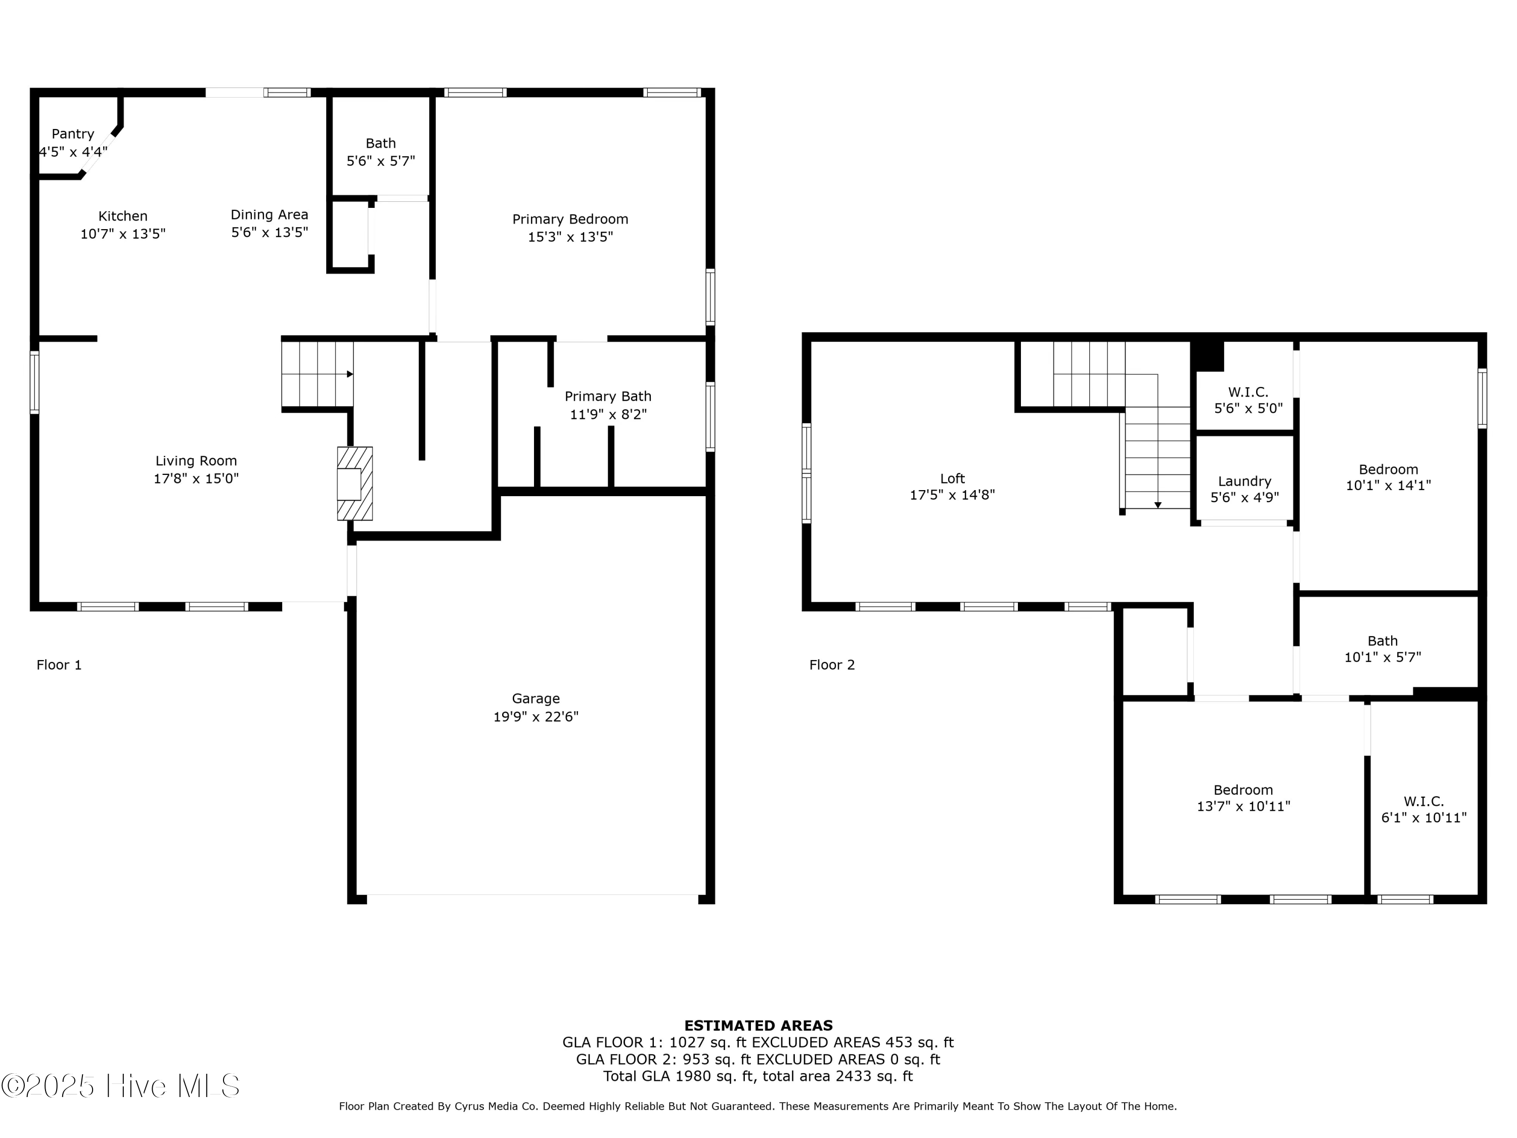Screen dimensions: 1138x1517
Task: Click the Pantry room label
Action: (73, 134)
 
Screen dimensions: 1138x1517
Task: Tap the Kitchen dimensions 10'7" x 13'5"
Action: (123, 234)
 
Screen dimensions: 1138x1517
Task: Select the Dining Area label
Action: (269, 215)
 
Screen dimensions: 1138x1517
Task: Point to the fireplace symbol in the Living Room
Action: (354, 484)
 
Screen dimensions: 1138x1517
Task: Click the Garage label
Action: (536, 698)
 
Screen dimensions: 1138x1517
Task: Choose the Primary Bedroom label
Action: (570, 219)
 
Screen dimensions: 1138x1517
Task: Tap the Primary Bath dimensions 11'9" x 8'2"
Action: (608, 414)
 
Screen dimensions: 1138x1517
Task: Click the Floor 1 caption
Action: (59, 665)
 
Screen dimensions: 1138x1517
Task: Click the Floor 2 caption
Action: (832, 665)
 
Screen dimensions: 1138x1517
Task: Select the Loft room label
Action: (952, 478)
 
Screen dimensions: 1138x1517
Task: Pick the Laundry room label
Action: (1244, 481)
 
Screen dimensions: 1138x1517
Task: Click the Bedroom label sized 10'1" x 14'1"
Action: (1388, 469)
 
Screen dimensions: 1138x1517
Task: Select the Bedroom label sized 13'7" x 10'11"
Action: (1243, 790)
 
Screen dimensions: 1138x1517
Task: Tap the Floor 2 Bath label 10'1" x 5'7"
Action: (1382, 641)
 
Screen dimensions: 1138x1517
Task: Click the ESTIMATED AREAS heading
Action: (758, 1026)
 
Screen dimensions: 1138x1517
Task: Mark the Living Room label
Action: (196, 461)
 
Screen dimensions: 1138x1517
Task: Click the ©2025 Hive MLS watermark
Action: (121, 1086)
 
